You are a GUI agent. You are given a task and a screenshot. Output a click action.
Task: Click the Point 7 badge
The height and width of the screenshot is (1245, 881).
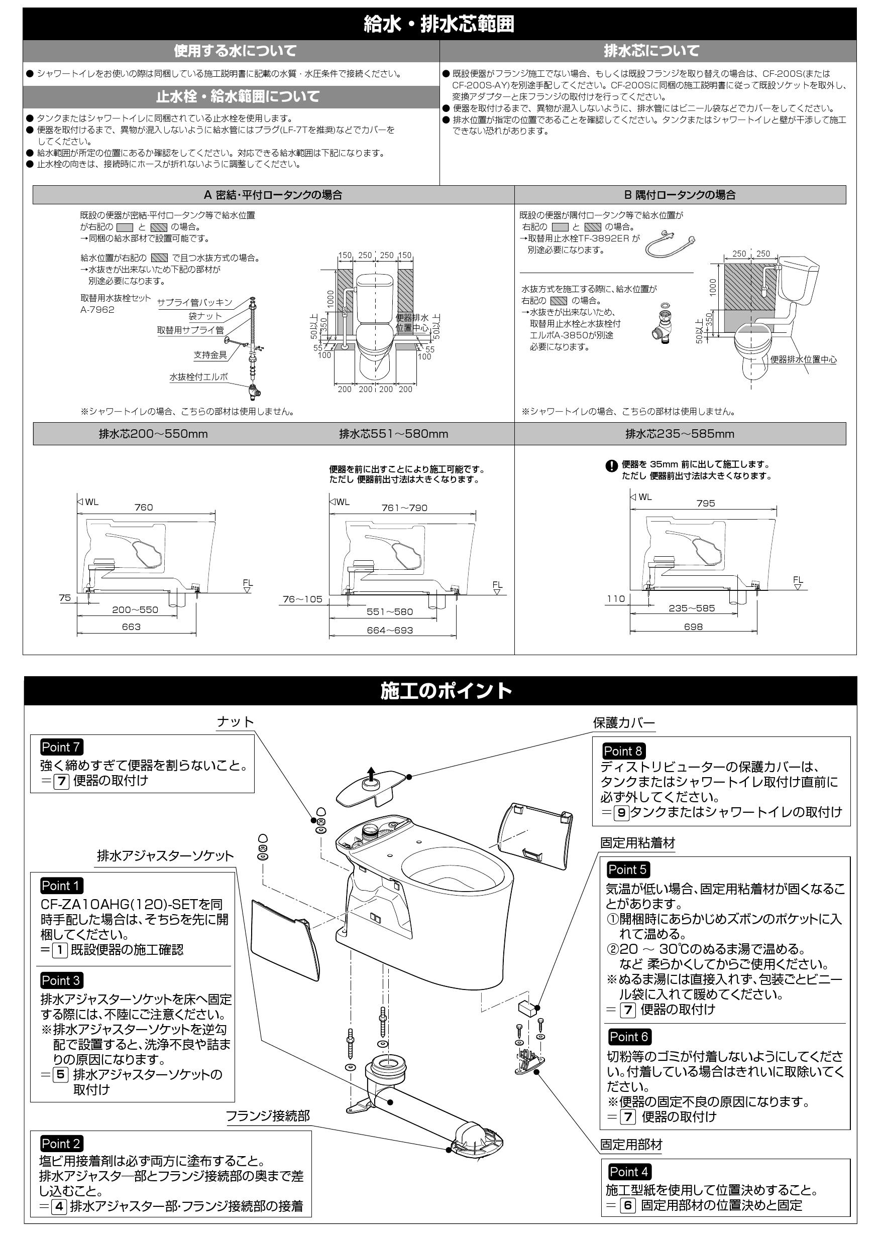(x=61, y=747)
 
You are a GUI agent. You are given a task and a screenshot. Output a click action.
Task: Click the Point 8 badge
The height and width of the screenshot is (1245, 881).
(x=623, y=751)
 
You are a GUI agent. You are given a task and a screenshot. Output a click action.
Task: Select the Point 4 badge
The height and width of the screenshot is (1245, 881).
(x=629, y=1172)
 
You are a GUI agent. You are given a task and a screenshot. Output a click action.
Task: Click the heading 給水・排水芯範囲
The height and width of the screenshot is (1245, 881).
(x=439, y=25)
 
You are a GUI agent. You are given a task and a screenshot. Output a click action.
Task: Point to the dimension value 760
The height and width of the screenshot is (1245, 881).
(x=143, y=508)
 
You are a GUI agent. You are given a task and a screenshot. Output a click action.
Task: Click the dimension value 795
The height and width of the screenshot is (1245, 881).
(x=705, y=503)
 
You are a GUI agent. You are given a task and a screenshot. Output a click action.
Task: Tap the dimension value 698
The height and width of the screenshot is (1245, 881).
(x=693, y=627)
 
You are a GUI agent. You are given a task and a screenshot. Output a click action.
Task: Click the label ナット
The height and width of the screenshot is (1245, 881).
(x=236, y=722)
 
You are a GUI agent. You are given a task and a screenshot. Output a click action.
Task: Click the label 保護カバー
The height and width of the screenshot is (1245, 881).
(x=623, y=723)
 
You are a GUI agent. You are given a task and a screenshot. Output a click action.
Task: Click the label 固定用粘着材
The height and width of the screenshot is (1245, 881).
(x=637, y=843)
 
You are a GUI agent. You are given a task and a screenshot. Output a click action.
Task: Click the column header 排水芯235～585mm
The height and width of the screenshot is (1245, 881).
(x=680, y=434)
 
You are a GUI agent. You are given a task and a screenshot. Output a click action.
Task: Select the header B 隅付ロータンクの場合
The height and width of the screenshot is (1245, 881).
(x=680, y=195)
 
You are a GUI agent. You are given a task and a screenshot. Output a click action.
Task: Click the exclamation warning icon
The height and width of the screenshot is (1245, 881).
(x=611, y=466)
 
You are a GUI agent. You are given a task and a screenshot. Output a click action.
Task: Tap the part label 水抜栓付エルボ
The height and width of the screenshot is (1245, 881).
(x=198, y=377)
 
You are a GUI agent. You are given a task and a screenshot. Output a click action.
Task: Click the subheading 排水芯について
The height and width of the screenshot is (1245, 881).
(x=651, y=51)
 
